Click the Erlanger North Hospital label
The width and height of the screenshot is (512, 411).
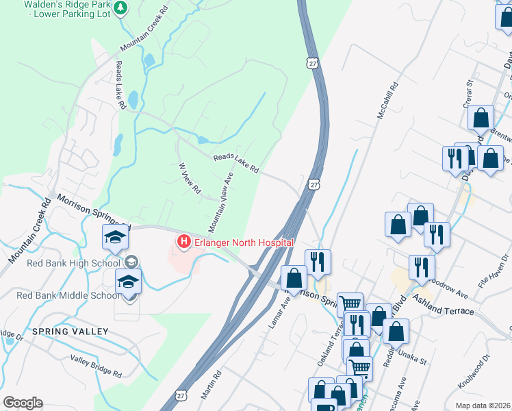[244, 242]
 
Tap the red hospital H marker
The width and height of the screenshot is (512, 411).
[183, 242]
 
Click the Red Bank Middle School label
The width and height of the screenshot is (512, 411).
[68, 296]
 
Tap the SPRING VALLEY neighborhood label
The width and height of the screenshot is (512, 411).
[70, 332]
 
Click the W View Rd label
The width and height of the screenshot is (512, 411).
[189, 177]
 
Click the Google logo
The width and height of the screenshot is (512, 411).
[23, 403]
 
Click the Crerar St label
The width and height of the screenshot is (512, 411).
[469, 92]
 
